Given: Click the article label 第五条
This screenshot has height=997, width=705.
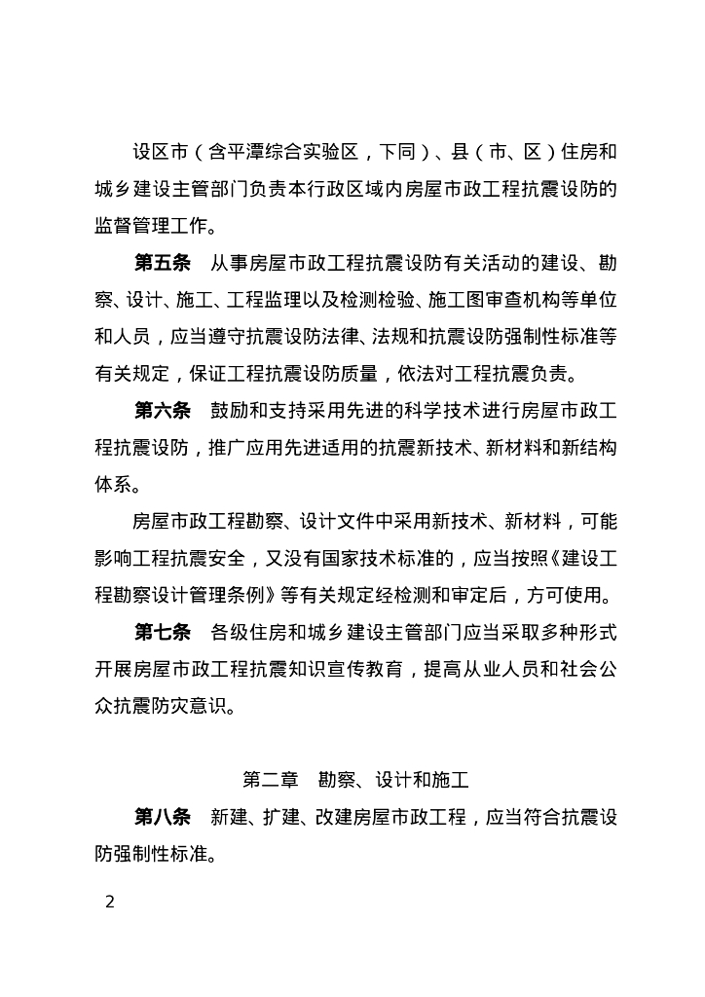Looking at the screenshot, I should tap(163, 265).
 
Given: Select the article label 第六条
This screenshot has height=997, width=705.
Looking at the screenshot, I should tap(163, 411).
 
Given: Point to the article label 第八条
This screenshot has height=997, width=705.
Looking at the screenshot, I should tap(163, 816).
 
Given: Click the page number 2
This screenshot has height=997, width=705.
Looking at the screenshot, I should tap(110, 901).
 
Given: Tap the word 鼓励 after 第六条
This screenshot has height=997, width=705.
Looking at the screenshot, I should tap(230, 411).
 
